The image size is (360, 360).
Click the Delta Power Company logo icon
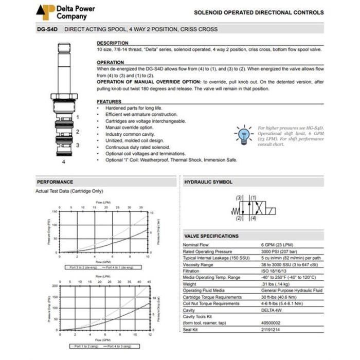[x=45, y=12]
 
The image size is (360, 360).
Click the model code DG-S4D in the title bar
[x=48, y=29]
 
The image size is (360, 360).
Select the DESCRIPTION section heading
[x=113, y=43]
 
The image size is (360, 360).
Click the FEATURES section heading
[x=109, y=102]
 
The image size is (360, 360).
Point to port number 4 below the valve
[x=64, y=161]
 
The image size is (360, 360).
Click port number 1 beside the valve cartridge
[x=78, y=117]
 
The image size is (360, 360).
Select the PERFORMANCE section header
[x=55, y=182]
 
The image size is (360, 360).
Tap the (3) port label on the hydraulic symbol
[x=239, y=198]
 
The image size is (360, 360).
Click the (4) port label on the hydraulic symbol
[x=253, y=218]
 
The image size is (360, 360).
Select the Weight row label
[x=190, y=283]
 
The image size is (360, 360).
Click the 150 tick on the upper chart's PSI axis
[x=54, y=211]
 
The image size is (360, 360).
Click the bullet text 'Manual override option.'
[x=129, y=127]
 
